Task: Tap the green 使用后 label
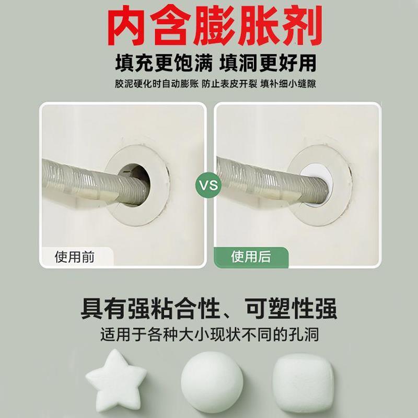[x=251, y=257]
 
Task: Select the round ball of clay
[x=212, y=378]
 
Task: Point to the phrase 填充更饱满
[x=157, y=63]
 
